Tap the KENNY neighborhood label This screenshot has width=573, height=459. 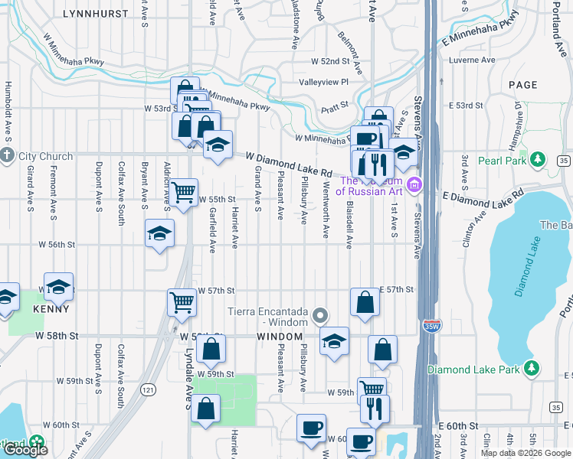[x=51, y=310]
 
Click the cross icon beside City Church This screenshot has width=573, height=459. [x=8, y=156]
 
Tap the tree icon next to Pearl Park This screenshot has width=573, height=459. [x=539, y=160]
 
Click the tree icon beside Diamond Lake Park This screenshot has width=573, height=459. [x=531, y=369]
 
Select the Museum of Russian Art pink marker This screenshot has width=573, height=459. [x=414, y=185]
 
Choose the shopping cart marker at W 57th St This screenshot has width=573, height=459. [x=182, y=301]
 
